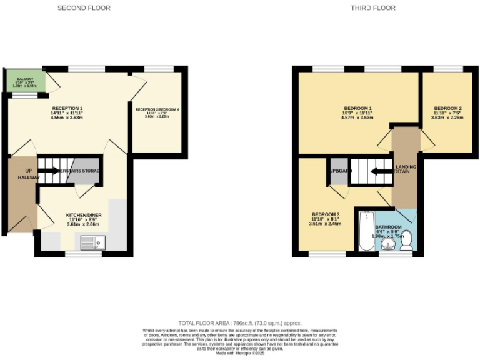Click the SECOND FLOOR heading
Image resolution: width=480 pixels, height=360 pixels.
pyautogui.click(x=84, y=8)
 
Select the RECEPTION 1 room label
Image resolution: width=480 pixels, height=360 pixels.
pyautogui.click(x=67, y=108)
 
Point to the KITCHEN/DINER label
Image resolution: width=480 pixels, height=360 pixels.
pyautogui.click(x=84, y=215)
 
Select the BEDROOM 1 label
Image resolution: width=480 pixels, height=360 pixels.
pyautogui.click(x=357, y=107)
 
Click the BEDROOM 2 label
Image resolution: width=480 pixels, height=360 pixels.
pyautogui.click(x=447, y=107)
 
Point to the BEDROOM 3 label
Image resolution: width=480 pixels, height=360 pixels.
pyautogui.click(x=325, y=214)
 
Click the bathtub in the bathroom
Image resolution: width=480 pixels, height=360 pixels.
pyautogui.click(x=366, y=231)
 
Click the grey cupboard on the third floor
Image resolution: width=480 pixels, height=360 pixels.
pyautogui.click(x=337, y=175)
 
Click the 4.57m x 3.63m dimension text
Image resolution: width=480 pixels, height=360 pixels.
pyautogui.click(x=357, y=117)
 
